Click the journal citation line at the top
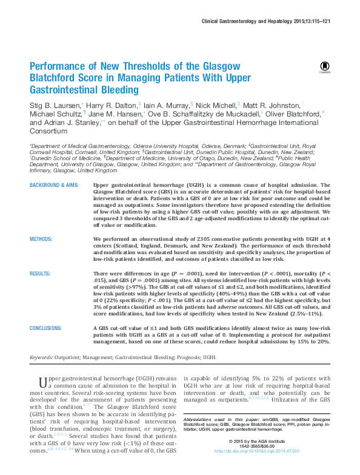pos(273,22)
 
